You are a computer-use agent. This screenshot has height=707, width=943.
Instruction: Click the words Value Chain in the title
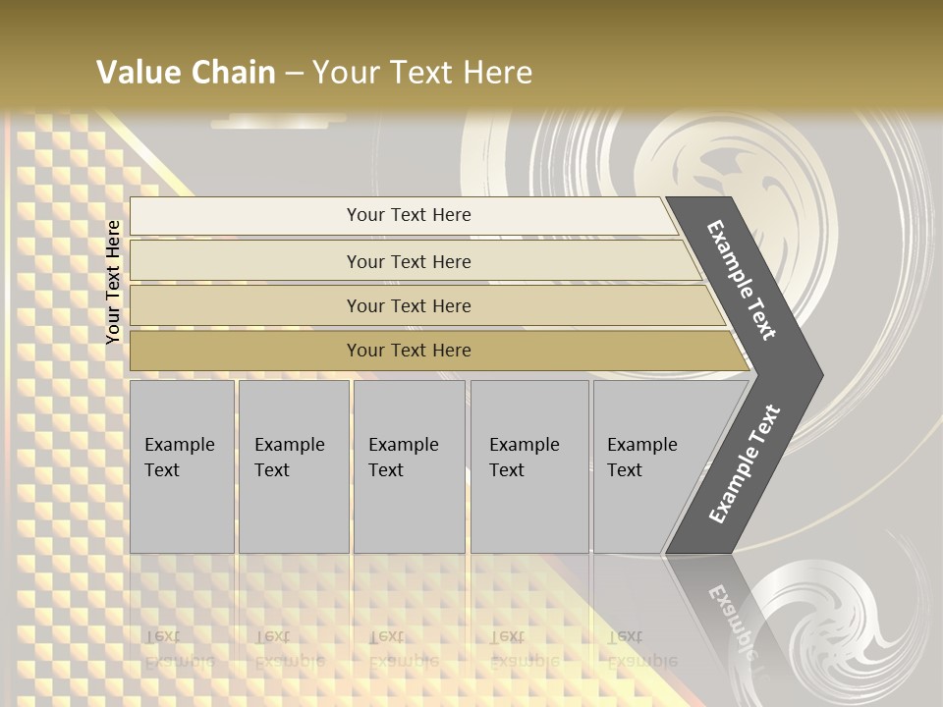[186, 73]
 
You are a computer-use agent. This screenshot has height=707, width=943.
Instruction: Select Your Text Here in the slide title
[422, 73]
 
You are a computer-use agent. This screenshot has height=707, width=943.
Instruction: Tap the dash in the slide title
[294, 74]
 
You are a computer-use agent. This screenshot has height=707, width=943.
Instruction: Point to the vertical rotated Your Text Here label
[114, 282]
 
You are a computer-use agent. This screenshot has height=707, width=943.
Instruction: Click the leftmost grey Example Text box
[182, 466]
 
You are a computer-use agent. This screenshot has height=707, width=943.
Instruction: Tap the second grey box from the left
[294, 466]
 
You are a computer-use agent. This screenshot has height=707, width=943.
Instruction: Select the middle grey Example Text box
[409, 466]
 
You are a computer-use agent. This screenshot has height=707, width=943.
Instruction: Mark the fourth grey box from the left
[529, 466]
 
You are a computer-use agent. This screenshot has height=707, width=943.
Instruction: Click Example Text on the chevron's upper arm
[742, 280]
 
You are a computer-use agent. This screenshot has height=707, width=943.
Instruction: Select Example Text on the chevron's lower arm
[745, 464]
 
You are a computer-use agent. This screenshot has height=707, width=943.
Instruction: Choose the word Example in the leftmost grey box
[179, 445]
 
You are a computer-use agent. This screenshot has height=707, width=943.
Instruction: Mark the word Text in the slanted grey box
[625, 470]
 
